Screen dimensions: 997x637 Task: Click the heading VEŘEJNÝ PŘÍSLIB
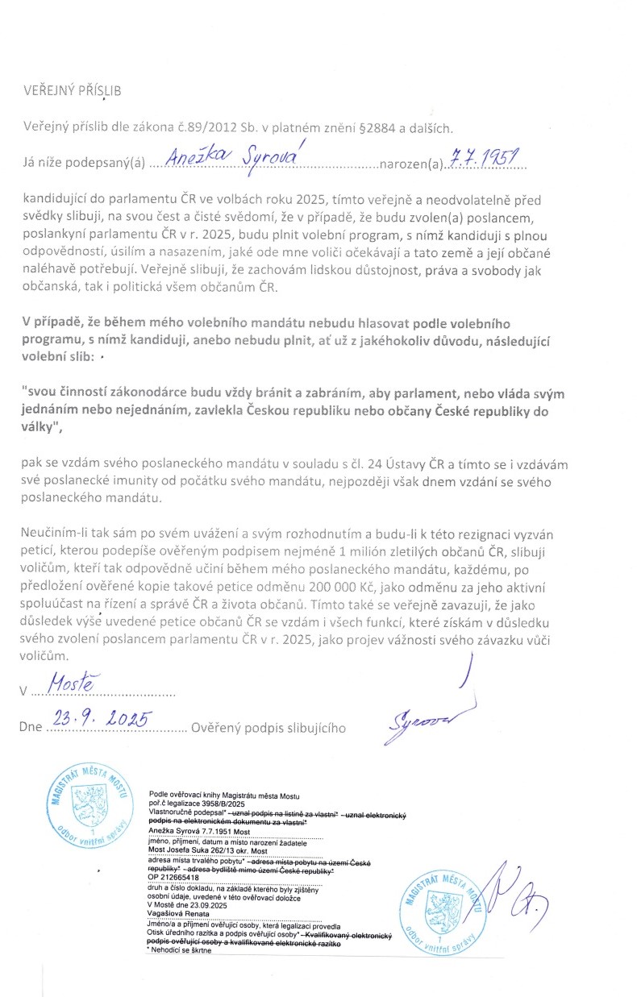click(x=72, y=90)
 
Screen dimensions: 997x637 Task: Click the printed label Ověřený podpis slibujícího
click(x=269, y=727)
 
